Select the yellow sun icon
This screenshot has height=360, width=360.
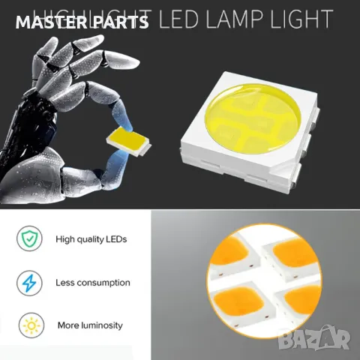pyautogui.click(x=31, y=325)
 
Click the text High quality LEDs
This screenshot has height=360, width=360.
pyautogui.click(x=91, y=240)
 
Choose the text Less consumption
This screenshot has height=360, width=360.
pyautogui.click(x=93, y=283)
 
